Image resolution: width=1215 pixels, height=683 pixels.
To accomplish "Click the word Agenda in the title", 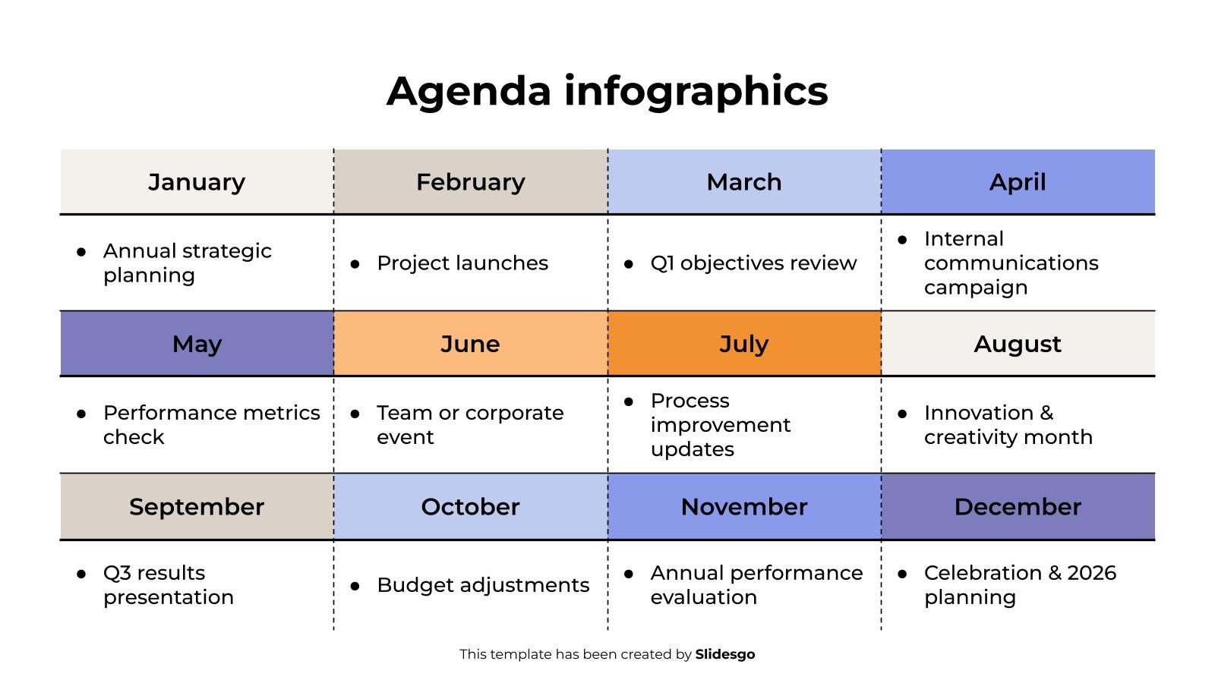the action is click(x=469, y=92).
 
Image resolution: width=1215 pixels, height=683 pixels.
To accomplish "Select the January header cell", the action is click(x=197, y=181).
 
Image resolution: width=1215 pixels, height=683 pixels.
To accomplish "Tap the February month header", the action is click(x=471, y=181).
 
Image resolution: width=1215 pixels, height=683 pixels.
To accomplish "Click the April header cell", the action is click(x=1018, y=181).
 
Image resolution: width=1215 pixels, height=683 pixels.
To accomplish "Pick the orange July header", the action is click(x=744, y=343).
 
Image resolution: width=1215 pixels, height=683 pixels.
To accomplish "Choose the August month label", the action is click(x=1018, y=345).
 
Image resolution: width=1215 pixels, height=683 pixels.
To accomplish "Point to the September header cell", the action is click(x=197, y=506).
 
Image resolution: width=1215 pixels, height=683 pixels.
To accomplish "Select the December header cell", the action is click(x=1018, y=506).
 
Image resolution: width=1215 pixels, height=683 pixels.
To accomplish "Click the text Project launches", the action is click(x=462, y=263).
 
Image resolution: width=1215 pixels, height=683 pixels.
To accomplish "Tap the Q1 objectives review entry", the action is click(x=753, y=263).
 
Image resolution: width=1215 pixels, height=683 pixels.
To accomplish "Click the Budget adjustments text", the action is click(x=483, y=585).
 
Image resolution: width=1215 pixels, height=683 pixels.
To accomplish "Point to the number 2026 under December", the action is click(x=1091, y=573).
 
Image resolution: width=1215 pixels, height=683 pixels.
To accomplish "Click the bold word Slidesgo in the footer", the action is click(x=724, y=654).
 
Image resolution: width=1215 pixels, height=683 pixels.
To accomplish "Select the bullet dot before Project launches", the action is click(x=355, y=264).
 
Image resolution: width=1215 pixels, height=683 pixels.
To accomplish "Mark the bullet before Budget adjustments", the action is click(x=355, y=586).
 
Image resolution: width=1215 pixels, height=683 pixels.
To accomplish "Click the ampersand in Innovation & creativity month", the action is click(x=1046, y=413).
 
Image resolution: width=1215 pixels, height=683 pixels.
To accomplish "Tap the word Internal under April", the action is click(x=964, y=238).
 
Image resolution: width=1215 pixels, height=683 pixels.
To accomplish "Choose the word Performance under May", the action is click(x=169, y=413).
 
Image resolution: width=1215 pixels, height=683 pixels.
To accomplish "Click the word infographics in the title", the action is click(x=696, y=92).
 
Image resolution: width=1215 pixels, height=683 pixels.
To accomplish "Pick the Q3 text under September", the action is click(x=117, y=573).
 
